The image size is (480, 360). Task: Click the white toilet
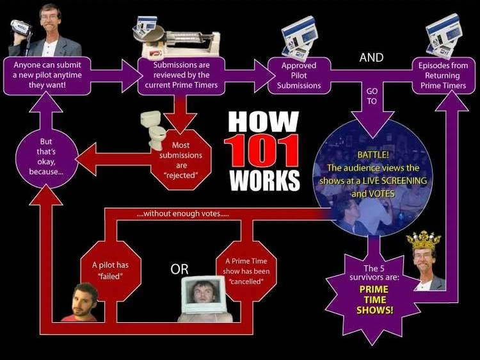(154, 130)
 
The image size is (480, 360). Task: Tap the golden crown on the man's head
(424, 240)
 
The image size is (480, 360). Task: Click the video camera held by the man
(21, 29)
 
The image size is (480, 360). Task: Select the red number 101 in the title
(261, 151)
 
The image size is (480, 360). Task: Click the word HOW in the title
(263, 121)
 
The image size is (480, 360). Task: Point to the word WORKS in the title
(264, 180)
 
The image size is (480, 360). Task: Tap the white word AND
(371, 57)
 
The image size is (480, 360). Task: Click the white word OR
(179, 269)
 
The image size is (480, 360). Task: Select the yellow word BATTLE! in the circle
(373, 155)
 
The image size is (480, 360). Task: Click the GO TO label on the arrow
(372, 96)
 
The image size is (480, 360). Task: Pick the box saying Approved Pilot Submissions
(299, 76)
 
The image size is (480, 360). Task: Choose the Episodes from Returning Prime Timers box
(443, 76)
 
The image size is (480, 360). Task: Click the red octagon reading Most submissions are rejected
(181, 160)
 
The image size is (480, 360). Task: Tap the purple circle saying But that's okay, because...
(46, 156)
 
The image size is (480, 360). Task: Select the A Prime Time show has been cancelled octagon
(246, 271)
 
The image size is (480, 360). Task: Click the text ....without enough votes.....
(183, 213)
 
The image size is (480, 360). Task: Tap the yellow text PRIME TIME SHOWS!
(374, 300)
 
